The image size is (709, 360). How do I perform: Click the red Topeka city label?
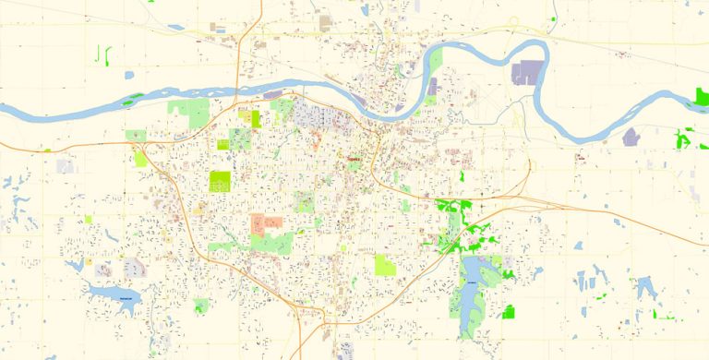[353, 159]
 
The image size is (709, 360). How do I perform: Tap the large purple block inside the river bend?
[529, 73]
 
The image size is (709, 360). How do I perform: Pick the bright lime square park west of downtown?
[220, 179]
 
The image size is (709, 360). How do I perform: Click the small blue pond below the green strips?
[128, 75]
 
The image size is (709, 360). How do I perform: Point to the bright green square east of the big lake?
[508, 311]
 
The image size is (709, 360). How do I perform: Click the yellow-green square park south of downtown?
[385, 266]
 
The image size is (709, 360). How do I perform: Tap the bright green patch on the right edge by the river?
[701, 97]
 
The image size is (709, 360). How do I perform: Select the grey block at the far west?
[65, 166]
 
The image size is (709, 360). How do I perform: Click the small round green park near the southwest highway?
[201, 306]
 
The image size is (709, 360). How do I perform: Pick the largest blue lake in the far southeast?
[645, 287]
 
